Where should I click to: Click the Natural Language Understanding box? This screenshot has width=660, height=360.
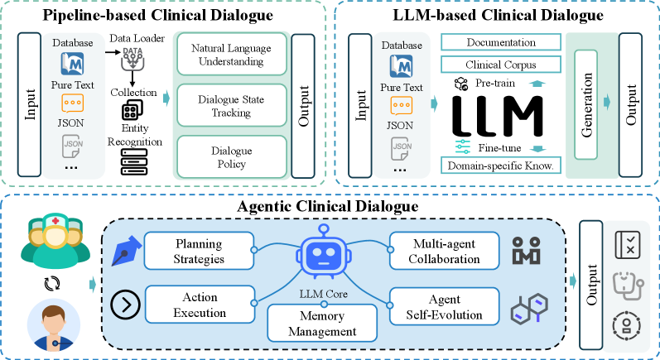pos(230,54)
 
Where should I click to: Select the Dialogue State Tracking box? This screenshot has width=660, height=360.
pos(230,105)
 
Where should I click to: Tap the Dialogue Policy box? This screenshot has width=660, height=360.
pos(230,156)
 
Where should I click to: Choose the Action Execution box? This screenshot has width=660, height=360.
pos(199,305)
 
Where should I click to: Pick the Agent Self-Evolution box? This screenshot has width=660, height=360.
pos(444,305)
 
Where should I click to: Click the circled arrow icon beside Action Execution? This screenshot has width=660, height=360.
pos(125,305)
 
